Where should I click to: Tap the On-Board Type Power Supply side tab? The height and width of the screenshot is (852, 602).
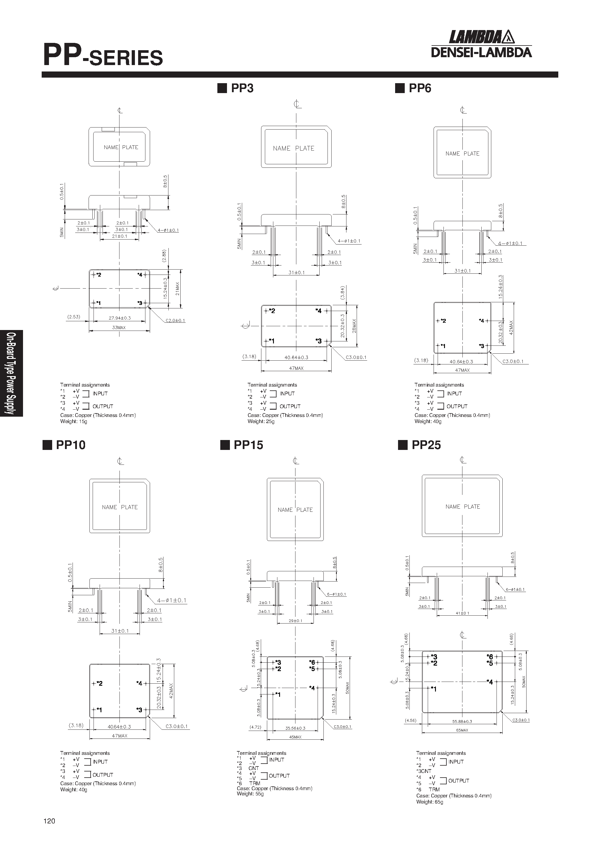tap(11, 373)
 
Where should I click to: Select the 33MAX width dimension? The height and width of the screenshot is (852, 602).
tap(119, 328)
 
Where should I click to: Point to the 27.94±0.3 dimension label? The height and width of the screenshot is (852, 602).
tap(119, 318)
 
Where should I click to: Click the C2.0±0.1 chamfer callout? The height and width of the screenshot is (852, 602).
tap(175, 321)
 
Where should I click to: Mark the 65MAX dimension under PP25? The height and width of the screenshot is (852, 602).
tap(462, 730)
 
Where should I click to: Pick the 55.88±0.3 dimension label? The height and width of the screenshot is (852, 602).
tap(462, 721)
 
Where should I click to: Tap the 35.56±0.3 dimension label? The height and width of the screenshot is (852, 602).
tap(295, 728)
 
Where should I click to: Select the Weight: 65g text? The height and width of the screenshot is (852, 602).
tap(430, 802)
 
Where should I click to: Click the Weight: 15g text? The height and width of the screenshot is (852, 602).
tap(74, 422)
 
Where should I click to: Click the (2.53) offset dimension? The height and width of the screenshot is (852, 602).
tap(74, 317)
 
